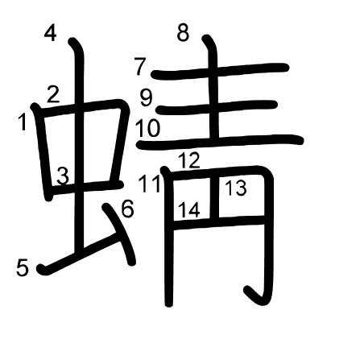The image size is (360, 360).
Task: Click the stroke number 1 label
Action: click(23, 122)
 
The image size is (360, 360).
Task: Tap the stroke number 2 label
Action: click(53, 94)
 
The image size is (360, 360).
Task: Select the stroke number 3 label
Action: click(63, 176)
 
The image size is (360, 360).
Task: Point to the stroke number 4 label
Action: click(51, 33)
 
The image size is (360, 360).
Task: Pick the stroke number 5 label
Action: click(23, 267)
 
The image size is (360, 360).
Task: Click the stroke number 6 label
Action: click(127, 209)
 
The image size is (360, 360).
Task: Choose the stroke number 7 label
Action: click(140, 66)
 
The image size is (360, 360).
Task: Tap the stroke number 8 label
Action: click(183, 32)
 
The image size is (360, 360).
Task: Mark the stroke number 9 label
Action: click(147, 98)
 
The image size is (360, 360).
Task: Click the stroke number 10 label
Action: click(148, 128)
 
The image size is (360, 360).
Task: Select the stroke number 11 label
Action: click(149, 184)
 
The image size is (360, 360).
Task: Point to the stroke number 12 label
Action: click(189, 160)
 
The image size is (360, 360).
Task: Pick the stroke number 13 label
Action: click(236, 188)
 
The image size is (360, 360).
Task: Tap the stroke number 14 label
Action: click(189, 209)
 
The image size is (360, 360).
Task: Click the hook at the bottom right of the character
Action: click(255, 296)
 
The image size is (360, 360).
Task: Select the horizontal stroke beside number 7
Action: click(220, 71)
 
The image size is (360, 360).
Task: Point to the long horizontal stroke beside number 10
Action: click(220, 141)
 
